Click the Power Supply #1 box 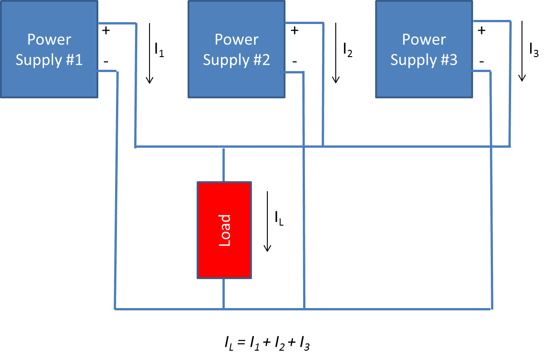pos(49,49)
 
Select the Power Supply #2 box pos(237,49)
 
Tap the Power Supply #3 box pos(424,49)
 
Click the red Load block pos(224,230)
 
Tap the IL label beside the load pos(279,218)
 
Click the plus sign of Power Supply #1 pos(106,31)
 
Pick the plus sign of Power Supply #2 pos(295,31)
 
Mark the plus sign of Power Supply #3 pos(482,31)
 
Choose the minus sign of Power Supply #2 pos(295,61)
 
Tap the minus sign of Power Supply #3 pos(482,61)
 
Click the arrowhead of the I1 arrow pos(150,81)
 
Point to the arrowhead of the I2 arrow pos(336,80)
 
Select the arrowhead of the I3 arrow pos(522,78)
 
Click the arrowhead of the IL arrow pos(268,248)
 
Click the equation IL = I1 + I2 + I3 pos(267,344)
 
